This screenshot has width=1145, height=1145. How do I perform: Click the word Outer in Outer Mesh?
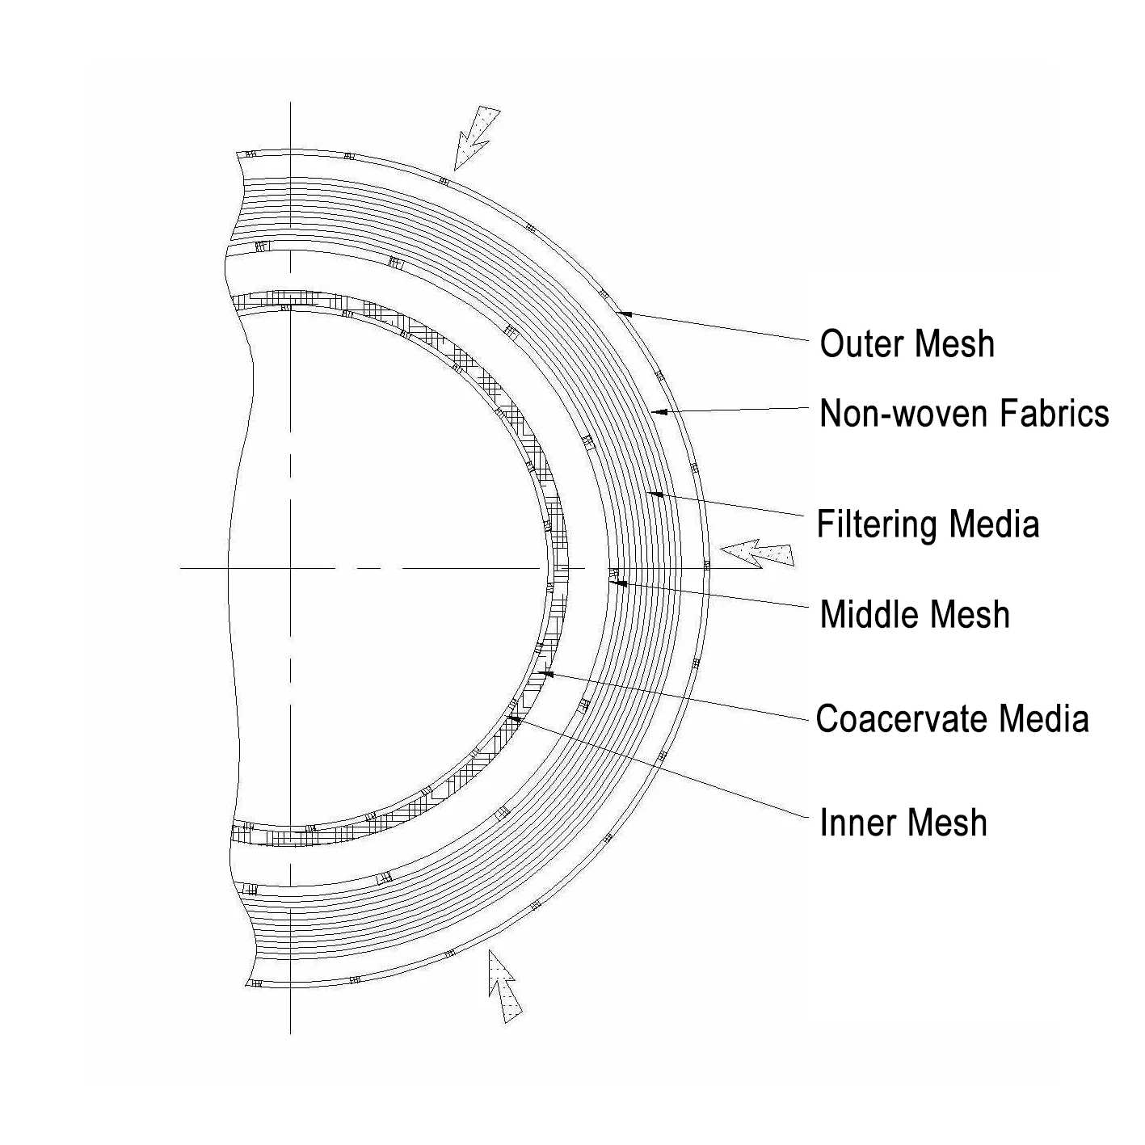pyautogui.click(x=858, y=343)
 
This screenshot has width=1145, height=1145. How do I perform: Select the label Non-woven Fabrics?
pyautogui.click(x=963, y=413)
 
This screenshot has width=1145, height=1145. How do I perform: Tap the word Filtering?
pyautogui.click(x=877, y=524)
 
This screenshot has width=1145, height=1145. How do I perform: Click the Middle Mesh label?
pyautogui.click(x=914, y=614)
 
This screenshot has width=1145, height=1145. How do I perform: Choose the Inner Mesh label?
pyautogui.click(x=903, y=823)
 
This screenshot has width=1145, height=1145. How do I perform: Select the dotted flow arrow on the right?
pyautogui.click(x=756, y=554)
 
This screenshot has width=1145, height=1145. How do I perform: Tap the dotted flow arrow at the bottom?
pyautogui.click(x=503, y=986)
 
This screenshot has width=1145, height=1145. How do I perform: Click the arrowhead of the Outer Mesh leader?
pyautogui.click(x=621, y=312)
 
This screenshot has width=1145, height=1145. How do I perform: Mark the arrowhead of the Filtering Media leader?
pyautogui.click(x=655, y=493)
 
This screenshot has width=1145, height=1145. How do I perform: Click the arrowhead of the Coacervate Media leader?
pyautogui.click(x=545, y=671)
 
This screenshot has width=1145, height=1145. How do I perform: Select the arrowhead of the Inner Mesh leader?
pyautogui.click(x=511, y=716)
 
